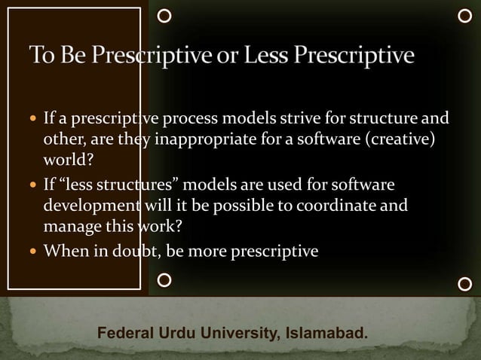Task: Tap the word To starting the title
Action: click(41, 56)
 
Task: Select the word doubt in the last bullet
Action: click(133, 251)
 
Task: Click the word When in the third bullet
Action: click(66, 251)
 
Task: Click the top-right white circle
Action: click(464, 15)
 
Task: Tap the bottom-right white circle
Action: click(464, 284)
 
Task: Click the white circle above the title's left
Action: click(164, 15)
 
